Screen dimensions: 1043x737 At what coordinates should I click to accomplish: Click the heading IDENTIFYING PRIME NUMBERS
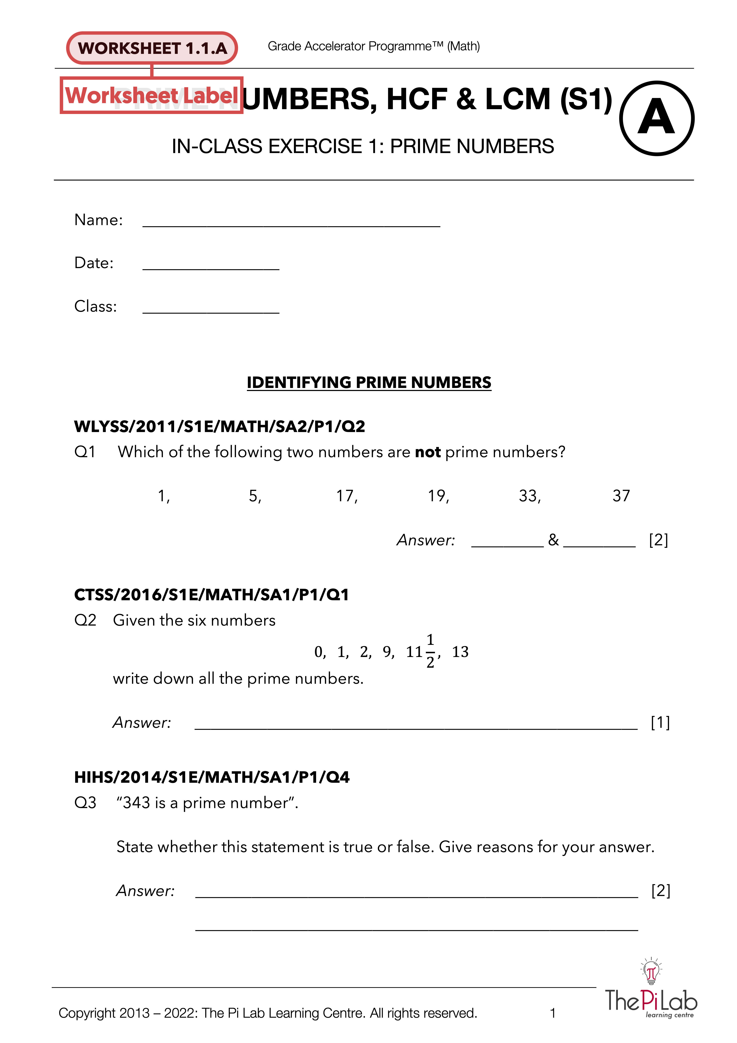[x=369, y=382]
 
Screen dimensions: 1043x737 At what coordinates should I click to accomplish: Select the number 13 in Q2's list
[x=460, y=652]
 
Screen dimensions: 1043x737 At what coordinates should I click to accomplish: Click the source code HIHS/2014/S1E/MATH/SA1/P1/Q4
[x=212, y=777]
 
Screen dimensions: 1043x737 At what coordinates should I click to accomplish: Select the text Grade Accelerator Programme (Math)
[x=374, y=46]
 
